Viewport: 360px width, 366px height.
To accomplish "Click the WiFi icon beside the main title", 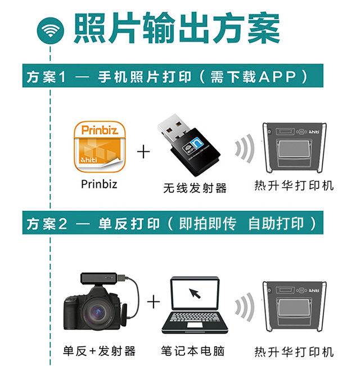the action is coord(50,30).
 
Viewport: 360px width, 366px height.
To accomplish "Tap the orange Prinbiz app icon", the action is coord(100,147).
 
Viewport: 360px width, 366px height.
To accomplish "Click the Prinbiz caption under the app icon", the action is coord(99,184).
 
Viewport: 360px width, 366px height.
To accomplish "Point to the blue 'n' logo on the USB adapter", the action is coord(197,143).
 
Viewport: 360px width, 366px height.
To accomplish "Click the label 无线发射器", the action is coord(195,188).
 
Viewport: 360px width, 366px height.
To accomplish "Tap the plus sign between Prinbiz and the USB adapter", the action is coord(143,152).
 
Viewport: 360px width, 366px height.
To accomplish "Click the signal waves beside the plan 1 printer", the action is coord(245,148).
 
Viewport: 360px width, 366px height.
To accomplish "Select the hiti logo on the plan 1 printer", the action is coord(314,132).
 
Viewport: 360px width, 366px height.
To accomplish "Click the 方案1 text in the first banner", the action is coord(46,77).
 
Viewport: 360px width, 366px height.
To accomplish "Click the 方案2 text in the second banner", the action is coord(47,224).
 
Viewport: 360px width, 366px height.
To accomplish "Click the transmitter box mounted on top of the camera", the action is coord(98,278).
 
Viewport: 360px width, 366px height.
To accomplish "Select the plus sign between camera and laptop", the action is coord(154,301).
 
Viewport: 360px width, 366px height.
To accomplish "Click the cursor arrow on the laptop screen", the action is coord(195,293).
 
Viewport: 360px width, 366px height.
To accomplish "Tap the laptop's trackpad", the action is coord(195,325).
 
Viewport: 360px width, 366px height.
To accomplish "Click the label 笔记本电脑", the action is coord(193,351).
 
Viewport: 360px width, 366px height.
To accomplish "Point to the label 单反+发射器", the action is coord(99,351).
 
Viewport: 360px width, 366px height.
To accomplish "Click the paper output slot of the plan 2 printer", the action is coord(294,308).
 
